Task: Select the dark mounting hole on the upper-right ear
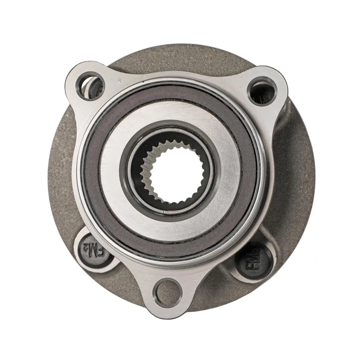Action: (x=262, y=92)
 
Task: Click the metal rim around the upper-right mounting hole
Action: (x=275, y=84)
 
